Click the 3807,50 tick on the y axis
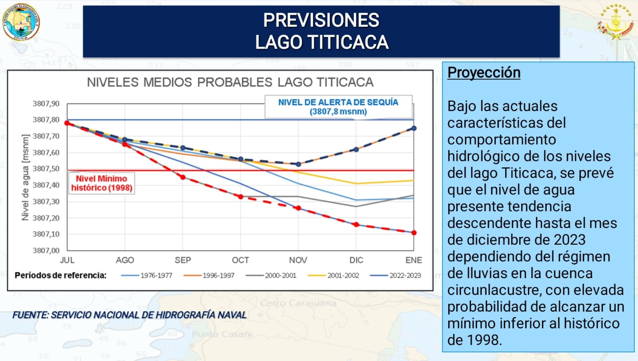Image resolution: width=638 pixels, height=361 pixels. click(x=46, y=169)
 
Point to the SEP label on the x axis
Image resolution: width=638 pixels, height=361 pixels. click(x=183, y=260)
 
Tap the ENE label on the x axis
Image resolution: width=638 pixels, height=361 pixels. click(x=414, y=260)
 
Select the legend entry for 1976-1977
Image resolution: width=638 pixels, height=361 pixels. click(x=147, y=275)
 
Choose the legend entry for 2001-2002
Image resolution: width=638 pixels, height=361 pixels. click(x=334, y=275)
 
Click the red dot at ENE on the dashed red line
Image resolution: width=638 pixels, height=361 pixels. click(x=414, y=233)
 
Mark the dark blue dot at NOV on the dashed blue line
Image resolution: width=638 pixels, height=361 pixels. click(x=298, y=164)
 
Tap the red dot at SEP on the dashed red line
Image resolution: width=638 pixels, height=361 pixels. click(x=183, y=177)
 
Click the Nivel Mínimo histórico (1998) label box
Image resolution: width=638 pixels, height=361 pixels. click(x=102, y=183)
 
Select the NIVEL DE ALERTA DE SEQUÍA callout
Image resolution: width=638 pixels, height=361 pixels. click(x=338, y=107)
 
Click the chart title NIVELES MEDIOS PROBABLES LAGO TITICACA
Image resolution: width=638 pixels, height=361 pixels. click(x=230, y=82)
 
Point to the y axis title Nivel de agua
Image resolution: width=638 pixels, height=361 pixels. click(x=26, y=177)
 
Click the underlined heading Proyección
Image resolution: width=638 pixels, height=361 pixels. click(x=484, y=73)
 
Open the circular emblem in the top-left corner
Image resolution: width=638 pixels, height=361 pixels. click(x=21, y=22)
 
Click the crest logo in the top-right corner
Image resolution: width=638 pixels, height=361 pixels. click(x=616, y=22)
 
